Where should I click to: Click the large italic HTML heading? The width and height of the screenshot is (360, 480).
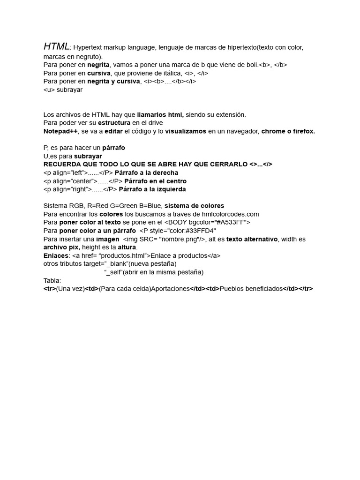(x=56, y=46)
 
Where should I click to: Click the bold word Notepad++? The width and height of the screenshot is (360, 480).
(x=60, y=131)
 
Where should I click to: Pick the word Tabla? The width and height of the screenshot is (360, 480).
(x=52, y=280)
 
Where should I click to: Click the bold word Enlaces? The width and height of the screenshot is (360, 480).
(x=56, y=255)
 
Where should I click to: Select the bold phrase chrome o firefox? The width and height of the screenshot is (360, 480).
(x=288, y=131)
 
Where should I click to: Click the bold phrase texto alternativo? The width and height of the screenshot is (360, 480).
(x=252, y=239)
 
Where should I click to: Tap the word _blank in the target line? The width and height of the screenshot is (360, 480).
(x=116, y=264)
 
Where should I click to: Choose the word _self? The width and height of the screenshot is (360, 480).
(x=113, y=272)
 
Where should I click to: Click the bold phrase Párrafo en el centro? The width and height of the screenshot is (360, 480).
(x=155, y=181)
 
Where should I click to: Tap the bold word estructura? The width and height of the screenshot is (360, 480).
(x=114, y=123)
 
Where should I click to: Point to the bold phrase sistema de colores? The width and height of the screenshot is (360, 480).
(x=194, y=206)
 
